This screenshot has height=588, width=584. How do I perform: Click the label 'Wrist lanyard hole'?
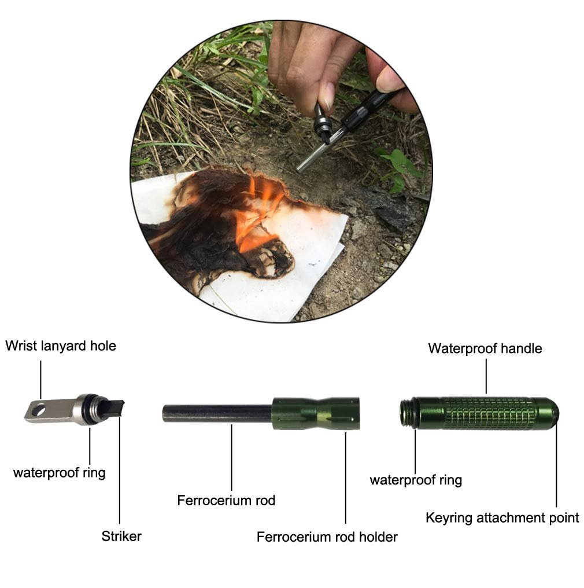point(61,346)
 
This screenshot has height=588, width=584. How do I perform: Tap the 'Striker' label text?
point(121,536)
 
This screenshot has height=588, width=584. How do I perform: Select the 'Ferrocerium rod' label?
point(226,500)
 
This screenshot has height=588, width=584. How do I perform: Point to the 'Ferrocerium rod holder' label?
point(327,537)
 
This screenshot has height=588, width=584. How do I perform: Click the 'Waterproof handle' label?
point(485,348)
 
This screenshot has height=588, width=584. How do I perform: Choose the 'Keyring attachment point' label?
point(502,518)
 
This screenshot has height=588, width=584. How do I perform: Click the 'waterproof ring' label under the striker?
point(59,472)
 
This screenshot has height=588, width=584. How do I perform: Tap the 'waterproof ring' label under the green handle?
point(416,480)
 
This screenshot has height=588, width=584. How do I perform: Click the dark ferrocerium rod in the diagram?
point(217,414)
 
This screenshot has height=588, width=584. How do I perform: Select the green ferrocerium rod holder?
point(316,414)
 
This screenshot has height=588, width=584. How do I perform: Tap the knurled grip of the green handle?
point(489,414)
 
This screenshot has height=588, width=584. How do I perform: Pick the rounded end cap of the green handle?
point(548,414)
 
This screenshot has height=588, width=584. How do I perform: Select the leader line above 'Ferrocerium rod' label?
point(231,457)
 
